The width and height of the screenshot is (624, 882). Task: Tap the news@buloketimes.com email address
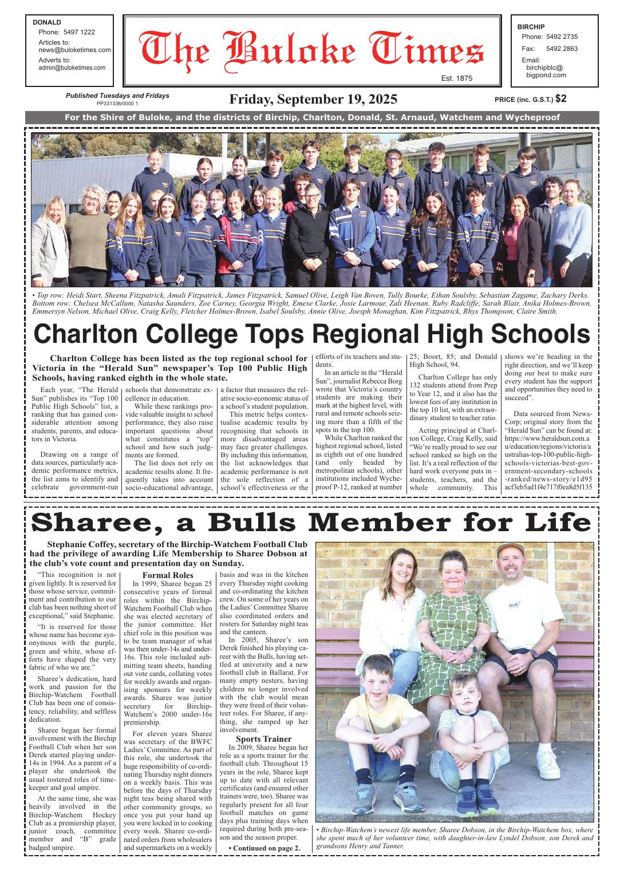click(74, 50)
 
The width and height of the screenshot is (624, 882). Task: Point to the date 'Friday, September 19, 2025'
click(313, 99)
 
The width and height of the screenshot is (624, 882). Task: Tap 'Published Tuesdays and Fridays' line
click(117, 96)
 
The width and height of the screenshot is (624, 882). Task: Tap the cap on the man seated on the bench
click(510, 551)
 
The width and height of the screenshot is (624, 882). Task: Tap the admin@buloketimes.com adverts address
click(72, 68)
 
